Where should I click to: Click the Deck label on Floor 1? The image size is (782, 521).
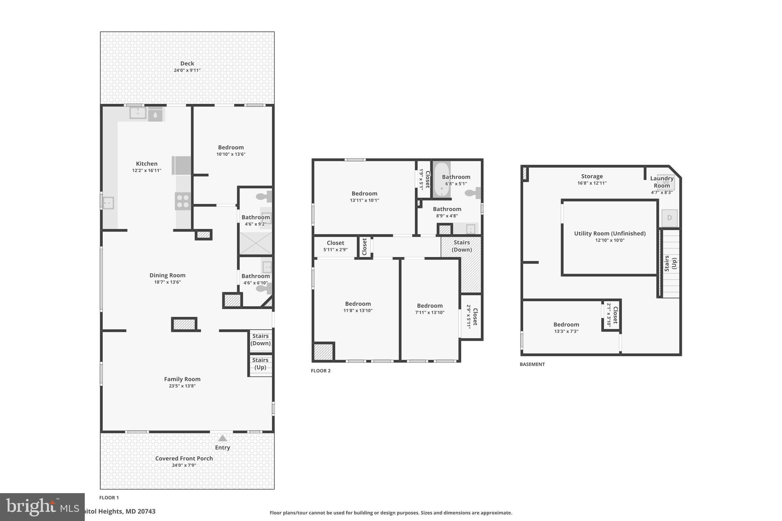click(x=187, y=64)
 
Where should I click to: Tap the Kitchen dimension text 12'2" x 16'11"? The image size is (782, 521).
click(x=147, y=171)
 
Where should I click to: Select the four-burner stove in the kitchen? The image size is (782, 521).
click(x=183, y=201)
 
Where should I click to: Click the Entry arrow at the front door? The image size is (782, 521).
click(x=222, y=438)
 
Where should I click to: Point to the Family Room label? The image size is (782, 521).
click(x=182, y=379)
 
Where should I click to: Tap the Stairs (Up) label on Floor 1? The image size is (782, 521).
click(x=260, y=364)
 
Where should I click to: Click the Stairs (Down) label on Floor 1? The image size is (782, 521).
click(x=260, y=340)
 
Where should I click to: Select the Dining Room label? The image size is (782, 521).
click(x=167, y=275)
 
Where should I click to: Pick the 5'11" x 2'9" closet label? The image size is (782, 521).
click(x=335, y=246)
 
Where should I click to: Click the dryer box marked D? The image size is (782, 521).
click(x=669, y=218)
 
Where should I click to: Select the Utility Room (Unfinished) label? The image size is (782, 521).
click(x=610, y=234)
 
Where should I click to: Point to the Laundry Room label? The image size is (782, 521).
click(x=662, y=182)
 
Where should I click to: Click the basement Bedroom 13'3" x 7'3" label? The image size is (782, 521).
click(x=566, y=327)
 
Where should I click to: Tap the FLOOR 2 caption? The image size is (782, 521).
click(x=321, y=371)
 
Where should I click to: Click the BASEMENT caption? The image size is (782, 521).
click(x=532, y=364)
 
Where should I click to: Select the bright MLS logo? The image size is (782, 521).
click(x=42, y=507)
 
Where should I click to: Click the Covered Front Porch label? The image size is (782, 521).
click(x=184, y=458)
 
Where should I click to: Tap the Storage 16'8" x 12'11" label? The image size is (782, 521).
click(x=592, y=179)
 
